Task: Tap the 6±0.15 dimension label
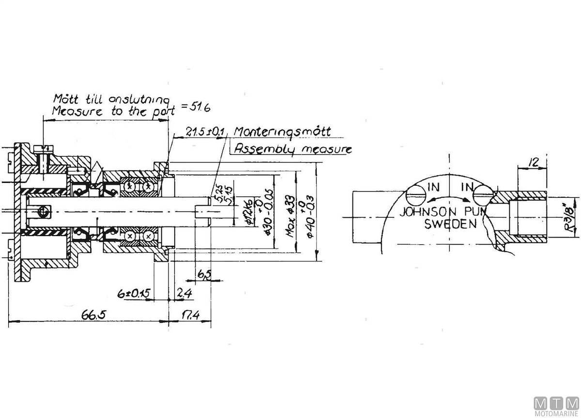(x=134, y=294)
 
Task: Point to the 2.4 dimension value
(x=183, y=293)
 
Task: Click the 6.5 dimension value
(x=204, y=274)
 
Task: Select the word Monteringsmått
(x=282, y=132)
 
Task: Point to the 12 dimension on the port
(x=533, y=163)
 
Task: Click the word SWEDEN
(x=450, y=224)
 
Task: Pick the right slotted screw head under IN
(x=482, y=196)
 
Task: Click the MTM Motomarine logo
(x=556, y=405)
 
